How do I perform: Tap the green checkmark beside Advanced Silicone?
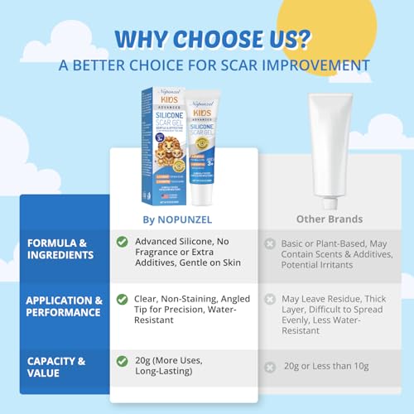tap(122, 241)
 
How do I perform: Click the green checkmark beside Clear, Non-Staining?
tap(122, 299)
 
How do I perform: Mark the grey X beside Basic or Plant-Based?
tap(270, 243)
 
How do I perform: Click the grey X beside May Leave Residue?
tap(270, 299)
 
